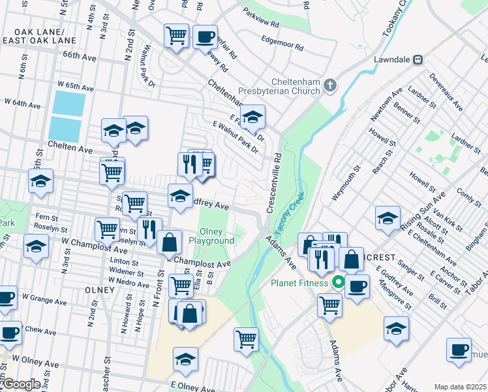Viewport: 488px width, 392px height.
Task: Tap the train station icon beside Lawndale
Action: pos(418,59)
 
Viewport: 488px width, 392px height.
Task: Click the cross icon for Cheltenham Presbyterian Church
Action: pos(330,84)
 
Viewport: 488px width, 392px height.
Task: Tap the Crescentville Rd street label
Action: pos(274,183)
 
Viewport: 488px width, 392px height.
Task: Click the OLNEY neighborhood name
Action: pos(99,287)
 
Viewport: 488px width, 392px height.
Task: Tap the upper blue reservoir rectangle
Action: pos(69,103)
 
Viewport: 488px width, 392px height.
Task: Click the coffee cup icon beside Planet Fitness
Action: pos(357,286)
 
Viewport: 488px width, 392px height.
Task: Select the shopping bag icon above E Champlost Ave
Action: pos(169,242)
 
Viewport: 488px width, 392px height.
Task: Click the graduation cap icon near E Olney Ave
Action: pos(185,359)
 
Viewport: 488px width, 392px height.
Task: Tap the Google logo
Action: pos(22,384)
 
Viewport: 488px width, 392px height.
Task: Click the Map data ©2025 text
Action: pos(460,387)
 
